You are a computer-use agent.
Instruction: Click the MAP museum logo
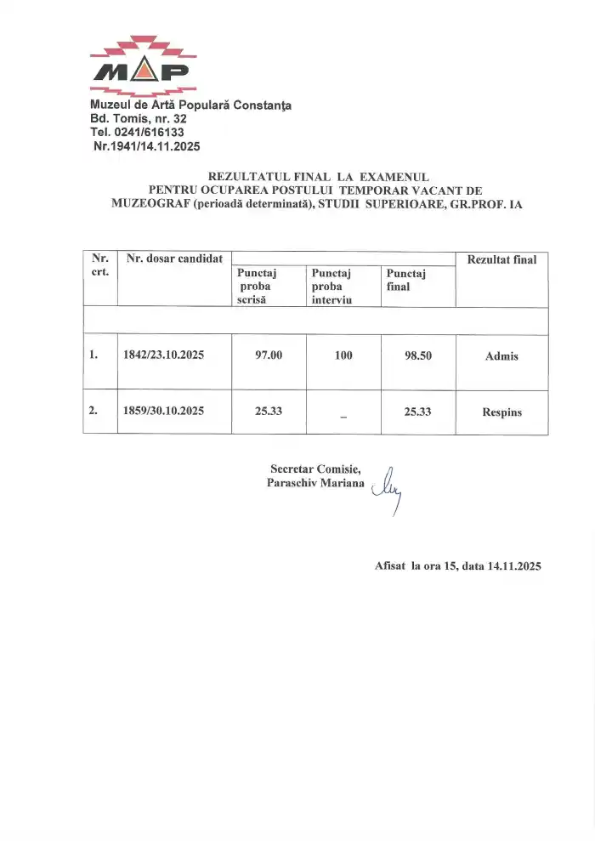[x=143, y=65]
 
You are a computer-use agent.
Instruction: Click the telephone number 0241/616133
[x=148, y=133]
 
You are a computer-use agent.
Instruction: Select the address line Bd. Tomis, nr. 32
[x=138, y=119]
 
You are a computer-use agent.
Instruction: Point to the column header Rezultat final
[x=501, y=259]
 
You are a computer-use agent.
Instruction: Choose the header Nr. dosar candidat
[x=173, y=259]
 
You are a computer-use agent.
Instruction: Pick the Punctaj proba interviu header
[x=333, y=287]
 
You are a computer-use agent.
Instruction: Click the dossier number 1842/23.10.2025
[x=164, y=355]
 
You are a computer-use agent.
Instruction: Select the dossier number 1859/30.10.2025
[x=164, y=412]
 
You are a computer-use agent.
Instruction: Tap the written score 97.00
[x=269, y=356]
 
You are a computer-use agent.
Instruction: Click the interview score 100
[x=343, y=356]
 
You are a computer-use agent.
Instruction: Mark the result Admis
[x=501, y=357]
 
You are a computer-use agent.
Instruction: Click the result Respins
[x=501, y=412]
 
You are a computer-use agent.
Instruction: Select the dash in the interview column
[x=343, y=416]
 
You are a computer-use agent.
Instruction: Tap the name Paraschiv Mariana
[x=316, y=483]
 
